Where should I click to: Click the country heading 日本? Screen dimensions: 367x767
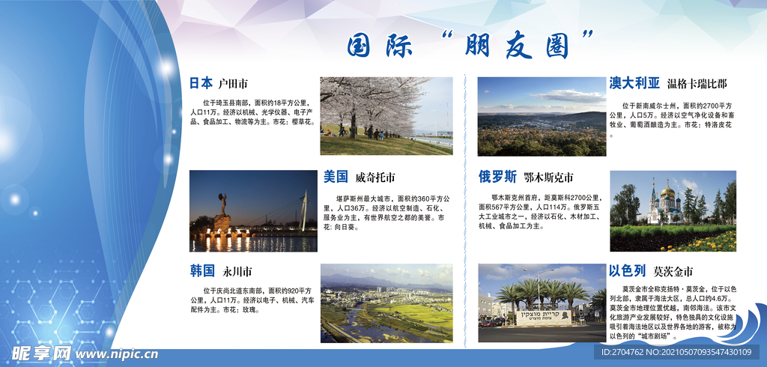201,83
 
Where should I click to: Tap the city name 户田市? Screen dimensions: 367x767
233,84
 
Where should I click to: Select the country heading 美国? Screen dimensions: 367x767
336,178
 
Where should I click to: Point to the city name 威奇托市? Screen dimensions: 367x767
375,178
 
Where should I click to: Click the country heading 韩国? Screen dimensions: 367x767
202,270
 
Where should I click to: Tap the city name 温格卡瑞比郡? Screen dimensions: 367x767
697,84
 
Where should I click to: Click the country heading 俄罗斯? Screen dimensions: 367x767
498,178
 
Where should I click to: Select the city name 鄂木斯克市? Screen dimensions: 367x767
548,178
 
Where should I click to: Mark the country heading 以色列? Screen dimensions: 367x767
627,270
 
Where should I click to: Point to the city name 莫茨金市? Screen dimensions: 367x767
673,271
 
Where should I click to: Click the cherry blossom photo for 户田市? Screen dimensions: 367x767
386,115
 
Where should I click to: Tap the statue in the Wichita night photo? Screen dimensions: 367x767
222,209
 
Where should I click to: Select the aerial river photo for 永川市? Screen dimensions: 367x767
386,303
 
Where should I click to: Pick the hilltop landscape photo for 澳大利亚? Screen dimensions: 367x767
542,115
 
